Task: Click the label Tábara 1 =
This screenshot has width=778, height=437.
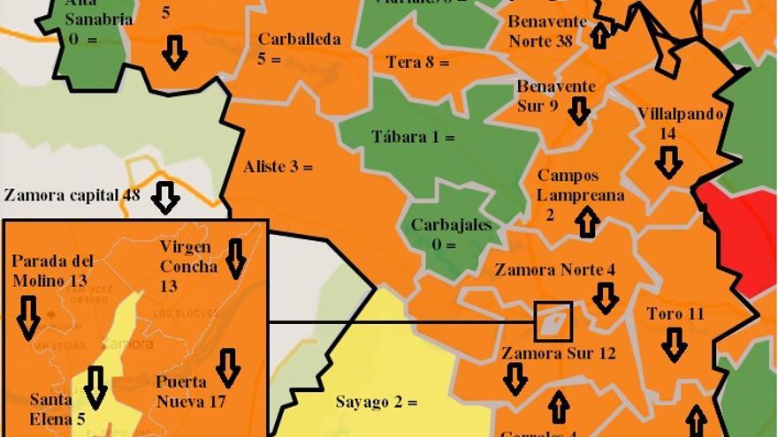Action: point(413,138)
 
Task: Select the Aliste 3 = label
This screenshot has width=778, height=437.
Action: point(278,166)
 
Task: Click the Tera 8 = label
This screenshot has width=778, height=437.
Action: point(417,63)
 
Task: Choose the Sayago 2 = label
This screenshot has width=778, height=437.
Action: point(376,403)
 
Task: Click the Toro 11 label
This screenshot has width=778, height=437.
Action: point(675,314)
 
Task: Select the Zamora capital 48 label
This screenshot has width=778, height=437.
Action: point(72,195)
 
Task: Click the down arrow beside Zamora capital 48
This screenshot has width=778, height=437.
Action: point(165,197)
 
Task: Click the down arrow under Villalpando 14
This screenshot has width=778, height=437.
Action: point(669,162)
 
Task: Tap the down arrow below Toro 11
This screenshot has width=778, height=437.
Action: point(675,344)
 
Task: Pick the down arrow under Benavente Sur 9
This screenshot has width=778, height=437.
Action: point(579,110)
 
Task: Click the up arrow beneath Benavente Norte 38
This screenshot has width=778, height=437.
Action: point(600,35)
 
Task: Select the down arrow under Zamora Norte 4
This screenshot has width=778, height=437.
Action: point(605,298)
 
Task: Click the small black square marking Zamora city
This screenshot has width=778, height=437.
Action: point(553,321)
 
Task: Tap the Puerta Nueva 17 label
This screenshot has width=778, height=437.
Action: point(189,391)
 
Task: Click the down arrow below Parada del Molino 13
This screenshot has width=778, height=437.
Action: point(28,318)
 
